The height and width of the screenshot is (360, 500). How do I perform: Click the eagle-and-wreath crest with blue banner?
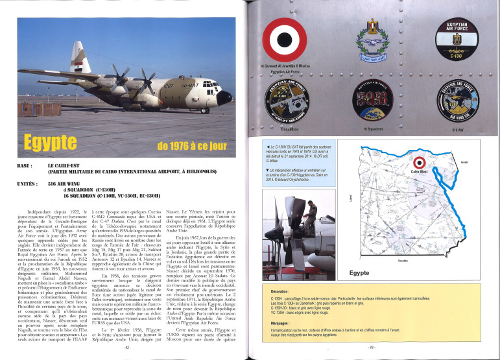373,39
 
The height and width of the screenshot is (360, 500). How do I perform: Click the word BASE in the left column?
26,165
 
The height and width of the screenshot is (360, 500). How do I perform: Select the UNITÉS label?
29,184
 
